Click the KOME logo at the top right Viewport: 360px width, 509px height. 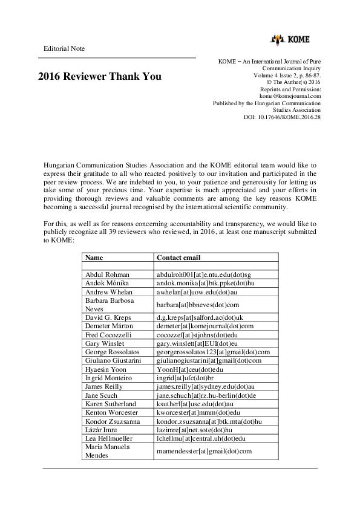(290, 40)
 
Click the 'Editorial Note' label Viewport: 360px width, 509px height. (64, 48)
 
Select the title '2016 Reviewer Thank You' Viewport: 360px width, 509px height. (100, 77)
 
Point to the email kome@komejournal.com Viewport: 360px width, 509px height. (290, 96)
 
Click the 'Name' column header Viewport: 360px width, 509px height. (94, 258)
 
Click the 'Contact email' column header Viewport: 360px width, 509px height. (178, 258)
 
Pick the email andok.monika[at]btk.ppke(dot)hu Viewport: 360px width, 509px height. (204, 283)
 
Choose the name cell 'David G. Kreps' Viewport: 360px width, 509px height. (109, 317)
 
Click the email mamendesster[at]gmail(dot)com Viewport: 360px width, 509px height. (204, 451)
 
